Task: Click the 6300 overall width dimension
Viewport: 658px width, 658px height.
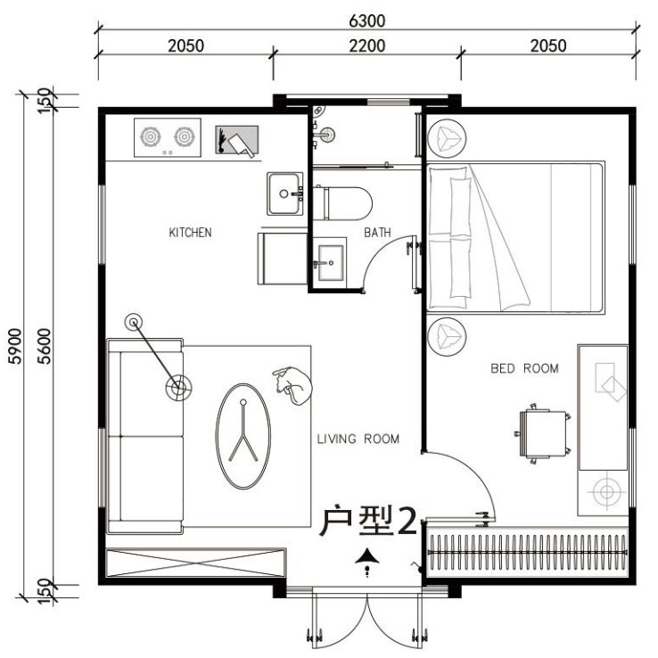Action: pyautogui.click(x=366, y=21)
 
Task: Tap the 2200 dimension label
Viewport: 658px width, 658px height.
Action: pyautogui.click(x=366, y=45)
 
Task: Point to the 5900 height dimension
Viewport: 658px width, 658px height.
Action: pyautogui.click(x=14, y=346)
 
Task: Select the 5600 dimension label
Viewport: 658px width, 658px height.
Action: pyautogui.click(x=44, y=346)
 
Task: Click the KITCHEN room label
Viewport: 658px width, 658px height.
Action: pyautogui.click(x=190, y=233)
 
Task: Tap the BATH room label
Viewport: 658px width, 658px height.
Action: pyautogui.click(x=377, y=233)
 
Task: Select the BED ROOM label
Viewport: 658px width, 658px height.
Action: pyautogui.click(x=524, y=368)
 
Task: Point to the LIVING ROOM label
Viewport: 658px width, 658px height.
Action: pyautogui.click(x=358, y=439)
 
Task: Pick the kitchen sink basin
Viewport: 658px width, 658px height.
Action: pyautogui.click(x=285, y=193)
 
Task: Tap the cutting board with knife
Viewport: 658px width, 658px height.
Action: pyautogui.click(x=236, y=140)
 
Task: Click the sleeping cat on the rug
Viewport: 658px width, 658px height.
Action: pyautogui.click(x=293, y=385)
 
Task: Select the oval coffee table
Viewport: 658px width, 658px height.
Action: pyautogui.click(x=243, y=436)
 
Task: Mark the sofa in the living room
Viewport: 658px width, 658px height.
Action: pyautogui.click(x=145, y=436)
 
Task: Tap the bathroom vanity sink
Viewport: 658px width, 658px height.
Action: pyautogui.click(x=330, y=264)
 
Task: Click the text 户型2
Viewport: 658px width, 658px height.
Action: pyautogui.click(x=368, y=521)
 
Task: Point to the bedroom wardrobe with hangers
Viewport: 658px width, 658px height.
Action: pyautogui.click(x=527, y=551)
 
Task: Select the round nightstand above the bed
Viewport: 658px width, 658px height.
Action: pyautogui.click(x=447, y=138)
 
